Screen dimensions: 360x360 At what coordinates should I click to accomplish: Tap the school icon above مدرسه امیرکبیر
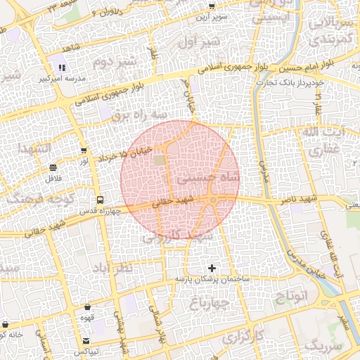click(x=62, y=68)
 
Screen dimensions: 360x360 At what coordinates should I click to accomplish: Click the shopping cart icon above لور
click(x=84, y=150)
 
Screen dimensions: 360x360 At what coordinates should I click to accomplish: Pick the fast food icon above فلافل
click(x=54, y=167)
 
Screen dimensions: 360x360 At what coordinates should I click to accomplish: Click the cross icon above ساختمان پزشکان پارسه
click(x=212, y=268)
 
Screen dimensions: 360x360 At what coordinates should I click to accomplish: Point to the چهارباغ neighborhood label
click(x=209, y=303)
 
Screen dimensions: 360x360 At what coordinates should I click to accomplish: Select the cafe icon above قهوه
click(x=87, y=307)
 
